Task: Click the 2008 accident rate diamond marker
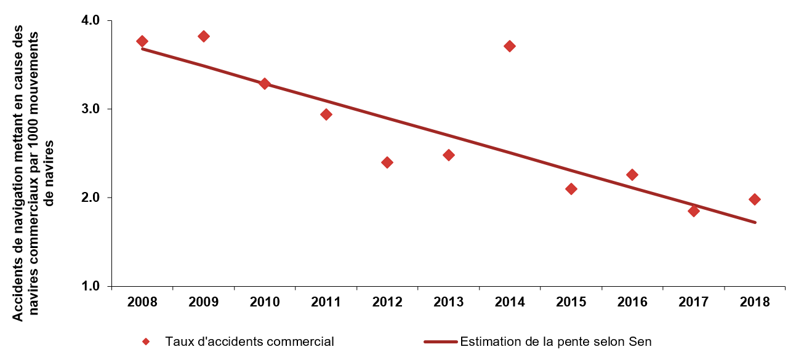click(x=142, y=41)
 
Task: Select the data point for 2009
click(x=204, y=36)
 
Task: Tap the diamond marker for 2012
click(x=387, y=162)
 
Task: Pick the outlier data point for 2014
click(x=510, y=46)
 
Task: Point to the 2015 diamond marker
click(x=571, y=189)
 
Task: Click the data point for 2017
click(x=694, y=211)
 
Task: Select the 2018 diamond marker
click(x=755, y=199)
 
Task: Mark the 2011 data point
click(x=326, y=114)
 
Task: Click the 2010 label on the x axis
click(x=265, y=302)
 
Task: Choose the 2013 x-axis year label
click(x=448, y=302)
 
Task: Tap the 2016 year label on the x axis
click(x=632, y=302)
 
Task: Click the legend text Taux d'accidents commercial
click(x=249, y=342)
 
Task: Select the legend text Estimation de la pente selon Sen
click(x=556, y=342)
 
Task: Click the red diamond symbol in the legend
click(x=146, y=342)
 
